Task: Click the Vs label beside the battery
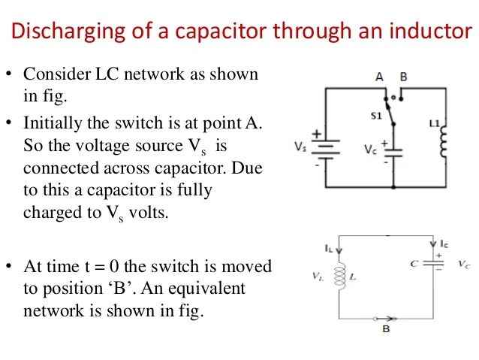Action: pos(300,146)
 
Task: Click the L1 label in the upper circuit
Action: pos(434,121)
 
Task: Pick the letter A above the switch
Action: pos(380,77)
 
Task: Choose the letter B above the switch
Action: pos(403,77)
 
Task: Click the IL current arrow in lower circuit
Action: pos(339,250)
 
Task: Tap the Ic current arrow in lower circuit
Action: pos(433,244)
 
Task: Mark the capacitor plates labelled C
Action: pos(433,264)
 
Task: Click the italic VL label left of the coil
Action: pos(318,277)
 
